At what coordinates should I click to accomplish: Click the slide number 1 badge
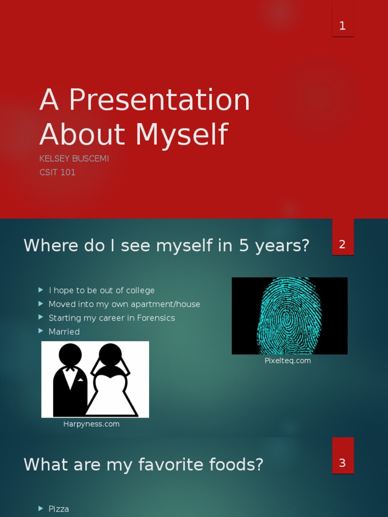tap(343, 26)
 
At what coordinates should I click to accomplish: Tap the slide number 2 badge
tap(343, 245)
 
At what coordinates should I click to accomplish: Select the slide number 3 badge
tap(343, 463)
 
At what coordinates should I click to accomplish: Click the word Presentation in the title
tap(159, 100)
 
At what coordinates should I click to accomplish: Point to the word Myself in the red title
tap(181, 135)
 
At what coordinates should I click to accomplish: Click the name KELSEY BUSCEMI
tap(74, 159)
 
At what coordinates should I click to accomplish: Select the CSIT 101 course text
tap(58, 172)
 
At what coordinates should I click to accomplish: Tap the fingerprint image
tap(289, 316)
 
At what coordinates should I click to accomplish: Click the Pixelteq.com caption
tap(287, 360)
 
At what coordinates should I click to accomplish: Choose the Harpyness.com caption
tap(91, 424)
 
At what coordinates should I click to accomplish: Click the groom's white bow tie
tap(70, 369)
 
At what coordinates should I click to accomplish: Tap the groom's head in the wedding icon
tap(70, 354)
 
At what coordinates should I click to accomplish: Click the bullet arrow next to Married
tap(41, 331)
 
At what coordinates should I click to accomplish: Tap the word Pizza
tap(59, 509)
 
